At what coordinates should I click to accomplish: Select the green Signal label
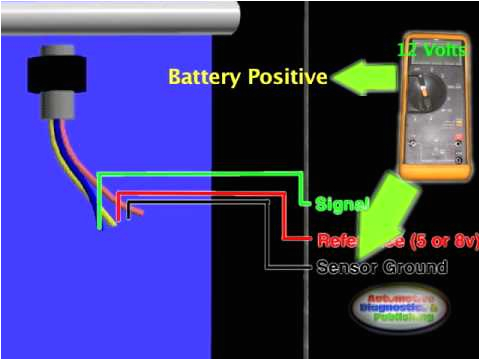344,204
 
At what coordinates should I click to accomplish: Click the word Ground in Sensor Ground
416,267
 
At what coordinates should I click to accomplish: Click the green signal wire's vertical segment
98,200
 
